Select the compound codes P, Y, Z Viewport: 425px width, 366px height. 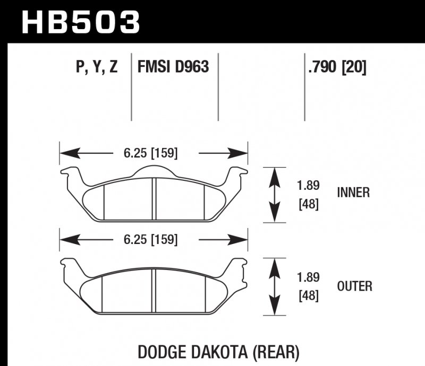click(97, 68)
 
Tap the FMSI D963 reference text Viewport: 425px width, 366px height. click(173, 68)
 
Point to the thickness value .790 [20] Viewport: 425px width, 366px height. click(336, 68)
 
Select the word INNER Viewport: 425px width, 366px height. click(353, 193)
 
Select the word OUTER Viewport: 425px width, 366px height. click(354, 286)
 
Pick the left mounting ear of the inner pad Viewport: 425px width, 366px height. click(71, 173)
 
